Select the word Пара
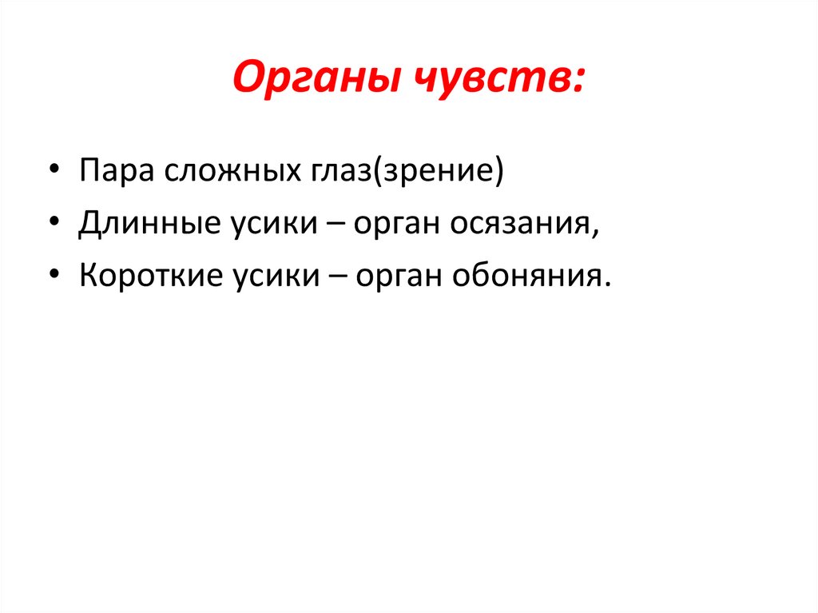tap(116, 172)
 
